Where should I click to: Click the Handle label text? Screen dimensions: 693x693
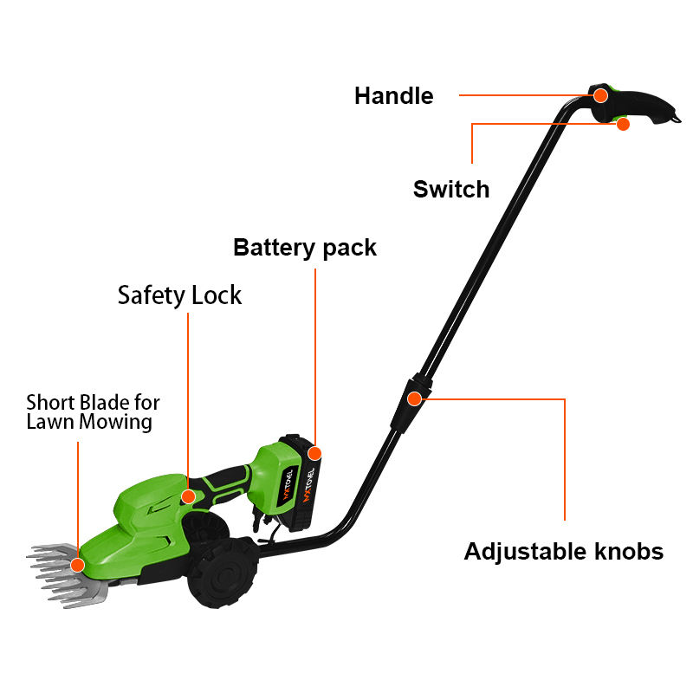[x=393, y=95]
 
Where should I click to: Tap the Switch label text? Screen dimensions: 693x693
[x=450, y=189]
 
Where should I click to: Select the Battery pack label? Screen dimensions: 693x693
[x=305, y=248]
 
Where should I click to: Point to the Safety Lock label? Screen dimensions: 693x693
[x=179, y=295]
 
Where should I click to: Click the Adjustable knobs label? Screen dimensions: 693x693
[x=563, y=551]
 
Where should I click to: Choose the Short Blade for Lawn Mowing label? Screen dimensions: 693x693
[x=93, y=412]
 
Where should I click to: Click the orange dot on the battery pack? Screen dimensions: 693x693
[x=314, y=453]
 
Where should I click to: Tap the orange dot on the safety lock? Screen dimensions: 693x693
[x=187, y=496]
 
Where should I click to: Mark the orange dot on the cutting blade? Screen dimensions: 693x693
[x=77, y=565]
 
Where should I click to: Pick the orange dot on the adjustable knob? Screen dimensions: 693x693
[x=414, y=398]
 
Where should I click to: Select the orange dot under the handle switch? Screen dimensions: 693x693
[x=622, y=124]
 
